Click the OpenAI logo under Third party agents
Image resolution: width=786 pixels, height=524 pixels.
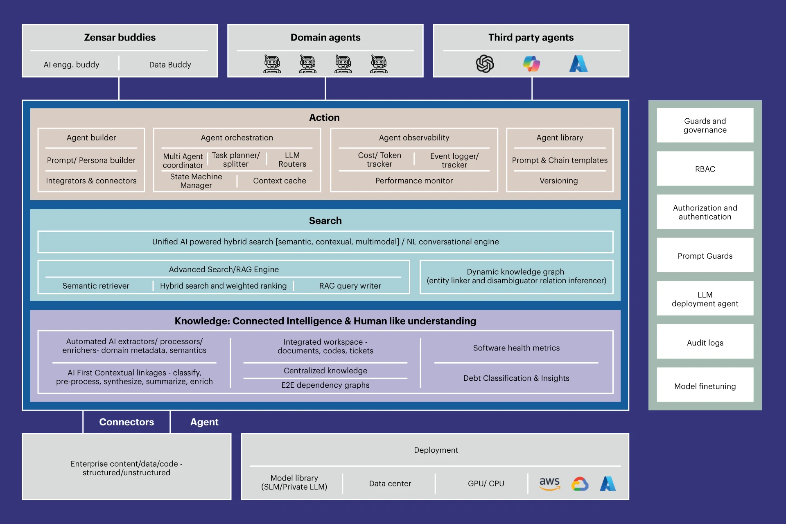pyautogui.click(x=485, y=64)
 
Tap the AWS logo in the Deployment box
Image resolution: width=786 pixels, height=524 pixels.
pyautogui.click(x=549, y=483)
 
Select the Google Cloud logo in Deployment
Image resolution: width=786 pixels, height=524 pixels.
pyautogui.click(x=580, y=484)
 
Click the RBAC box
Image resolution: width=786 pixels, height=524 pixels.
pyautogui.click(x=705, y=169)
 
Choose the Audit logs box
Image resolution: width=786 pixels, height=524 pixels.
pyautogui.click(x=705, y=342)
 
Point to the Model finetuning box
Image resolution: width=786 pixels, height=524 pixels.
pyautogui.click(x=705, y=386)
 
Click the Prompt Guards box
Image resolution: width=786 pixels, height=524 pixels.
pyautogui.click(x=705, y=255)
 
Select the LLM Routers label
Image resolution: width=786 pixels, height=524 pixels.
pyautogui.click(x=292, y=160)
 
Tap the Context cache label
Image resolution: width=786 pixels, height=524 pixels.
pyautogui.click(x=279, y=181)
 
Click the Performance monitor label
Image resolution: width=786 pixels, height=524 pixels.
pyautogui.click(x=414, y=181)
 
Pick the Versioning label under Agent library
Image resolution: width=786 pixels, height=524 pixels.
pyautogui.click(x=558, y=181)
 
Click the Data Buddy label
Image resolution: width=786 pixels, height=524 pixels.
pyautogui.click(x=170, y=64)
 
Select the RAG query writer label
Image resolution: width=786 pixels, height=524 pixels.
pyautogui.click(x=350, y=286)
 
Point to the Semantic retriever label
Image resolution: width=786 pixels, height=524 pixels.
pyautogui.click(x=96, y=286)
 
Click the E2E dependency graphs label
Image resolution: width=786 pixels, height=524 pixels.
pyautogui.click(x=325, y=385)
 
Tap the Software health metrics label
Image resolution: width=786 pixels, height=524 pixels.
pyautogui.click(x=516, y=348)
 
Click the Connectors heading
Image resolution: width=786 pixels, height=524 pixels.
pyautogui.click(x=126, y=422)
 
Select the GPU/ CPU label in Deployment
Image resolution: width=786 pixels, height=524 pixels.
pyautogui.click(x=486, y=483)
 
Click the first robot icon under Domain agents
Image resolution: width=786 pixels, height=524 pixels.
pyautogui.click(x=272, y=64)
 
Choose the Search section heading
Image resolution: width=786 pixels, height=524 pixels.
pyautogui.click(x=325, y=221)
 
